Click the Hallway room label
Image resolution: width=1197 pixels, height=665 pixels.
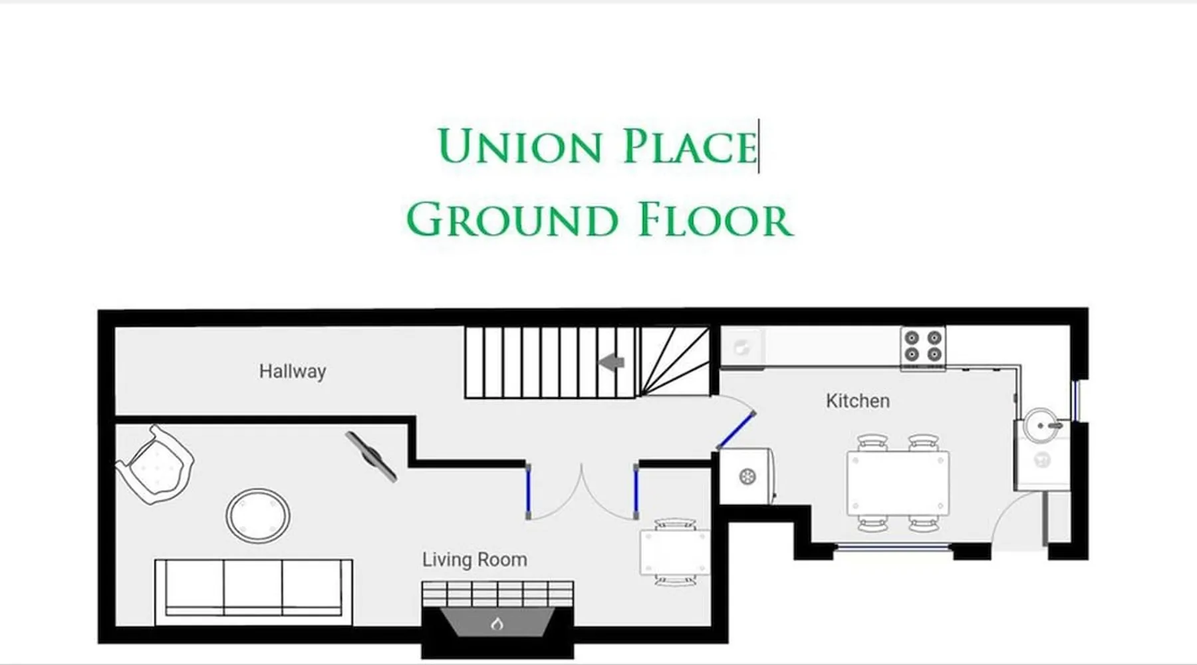click(293, 371)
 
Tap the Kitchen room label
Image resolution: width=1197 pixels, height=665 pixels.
click(858, 400)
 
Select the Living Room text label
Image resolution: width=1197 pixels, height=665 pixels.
click(475, 560)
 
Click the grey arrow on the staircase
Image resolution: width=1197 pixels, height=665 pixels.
click(612, 362)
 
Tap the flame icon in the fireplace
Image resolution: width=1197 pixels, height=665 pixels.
click(497, 624)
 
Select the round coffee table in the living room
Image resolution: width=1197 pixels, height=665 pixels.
click(258, 516)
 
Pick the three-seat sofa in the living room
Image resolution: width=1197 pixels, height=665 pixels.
click(253, 592)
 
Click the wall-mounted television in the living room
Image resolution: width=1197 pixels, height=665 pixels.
click(371, 456)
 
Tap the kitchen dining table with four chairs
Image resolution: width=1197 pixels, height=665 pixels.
click(898, 483)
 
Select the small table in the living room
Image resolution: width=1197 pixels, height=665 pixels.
click(674, 552)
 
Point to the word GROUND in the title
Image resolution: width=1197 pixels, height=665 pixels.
click(512, 219)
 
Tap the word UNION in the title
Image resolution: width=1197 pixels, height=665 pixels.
click(520, 146)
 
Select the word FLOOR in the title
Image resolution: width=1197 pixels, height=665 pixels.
click(716, 219)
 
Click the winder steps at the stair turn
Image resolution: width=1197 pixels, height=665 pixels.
click(674, 362)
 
